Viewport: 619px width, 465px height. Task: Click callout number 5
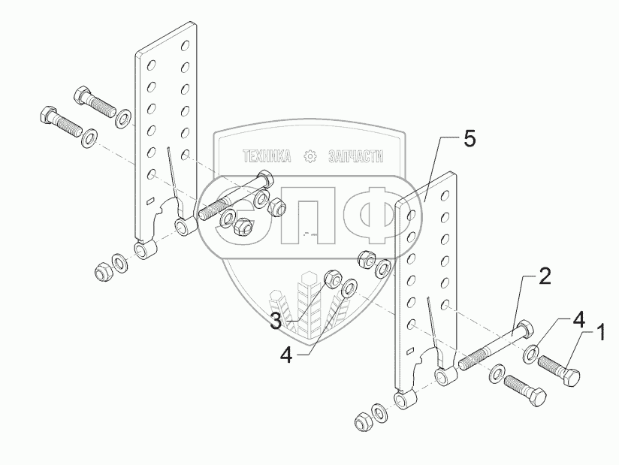[469, 139]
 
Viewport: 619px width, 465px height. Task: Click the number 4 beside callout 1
[578, 319]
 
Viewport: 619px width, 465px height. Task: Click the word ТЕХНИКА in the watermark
[266, 156]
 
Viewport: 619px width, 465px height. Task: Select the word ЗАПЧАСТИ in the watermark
[356, 156]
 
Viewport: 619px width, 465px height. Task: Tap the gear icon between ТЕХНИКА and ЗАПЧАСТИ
[309, 156]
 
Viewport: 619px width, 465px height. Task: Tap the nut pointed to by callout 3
[331, 280]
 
